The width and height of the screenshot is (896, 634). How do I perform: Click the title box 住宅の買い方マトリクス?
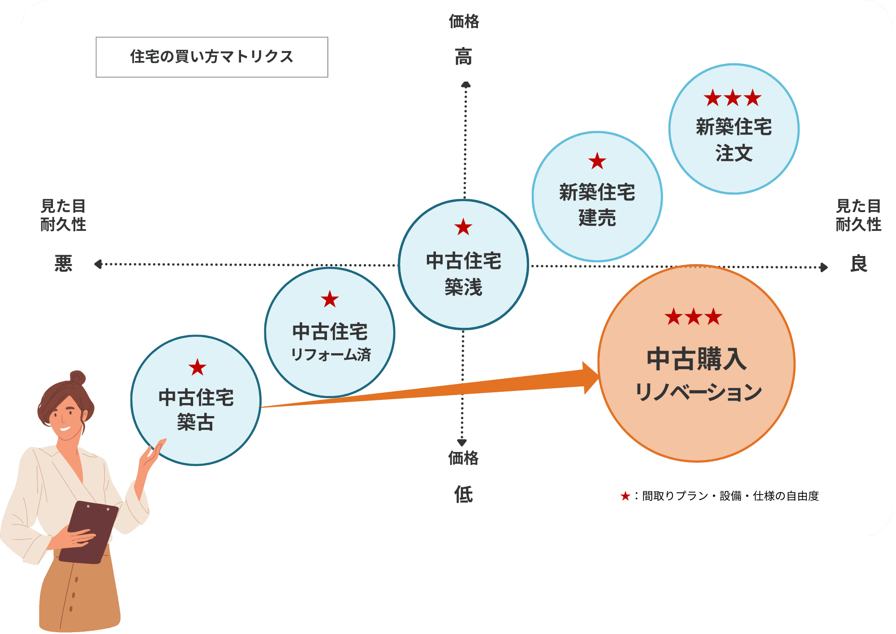click(211, 57)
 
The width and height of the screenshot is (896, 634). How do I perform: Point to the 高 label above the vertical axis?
click(464, 57)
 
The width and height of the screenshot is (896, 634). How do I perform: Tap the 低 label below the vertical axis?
click(463, 495)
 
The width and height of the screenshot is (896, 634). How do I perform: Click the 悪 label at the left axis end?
click(63, 264)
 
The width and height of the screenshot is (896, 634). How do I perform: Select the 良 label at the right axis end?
click(858, 264)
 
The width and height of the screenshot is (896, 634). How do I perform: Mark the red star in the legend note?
click(625, 496)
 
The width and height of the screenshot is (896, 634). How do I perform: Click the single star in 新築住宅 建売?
click(597, 161)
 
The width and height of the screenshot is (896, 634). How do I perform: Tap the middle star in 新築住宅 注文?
click(733, 98)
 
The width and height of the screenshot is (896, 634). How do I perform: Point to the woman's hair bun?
click(77, 378)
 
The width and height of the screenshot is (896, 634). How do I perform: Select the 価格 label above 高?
click(464, 22)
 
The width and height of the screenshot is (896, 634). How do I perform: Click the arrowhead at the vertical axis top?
click(466, 84)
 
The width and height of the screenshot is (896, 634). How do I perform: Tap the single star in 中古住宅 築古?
click(197, 368)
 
